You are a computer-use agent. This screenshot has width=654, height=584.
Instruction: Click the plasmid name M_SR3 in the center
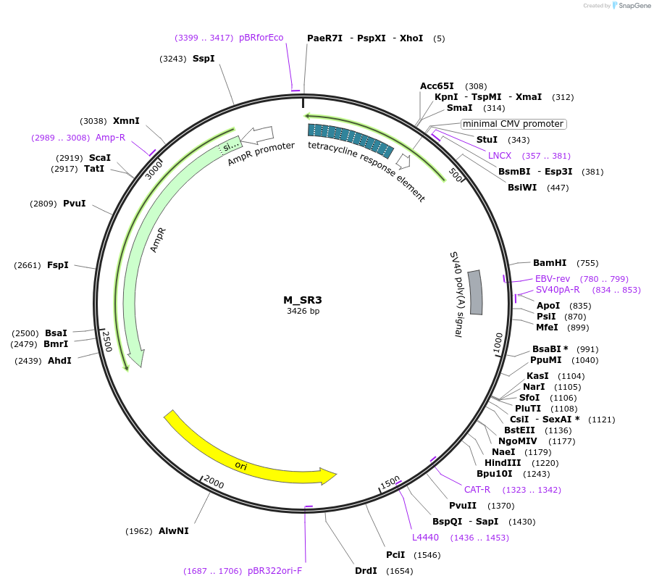[302, 299]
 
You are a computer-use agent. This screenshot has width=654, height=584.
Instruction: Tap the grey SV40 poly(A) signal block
[475, 292]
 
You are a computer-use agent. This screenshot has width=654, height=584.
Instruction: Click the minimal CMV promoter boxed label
[513, 124]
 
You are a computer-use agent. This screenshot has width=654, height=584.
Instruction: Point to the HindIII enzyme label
[503, 462]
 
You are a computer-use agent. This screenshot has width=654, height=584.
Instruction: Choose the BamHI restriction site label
[550, 263]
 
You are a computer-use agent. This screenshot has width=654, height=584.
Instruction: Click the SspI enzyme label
[204, 59]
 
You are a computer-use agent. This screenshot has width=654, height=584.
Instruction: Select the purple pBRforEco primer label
[261, 38]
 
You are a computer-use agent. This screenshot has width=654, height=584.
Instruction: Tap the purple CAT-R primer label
[477, 490]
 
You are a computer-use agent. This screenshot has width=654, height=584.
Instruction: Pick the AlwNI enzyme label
[174, 530]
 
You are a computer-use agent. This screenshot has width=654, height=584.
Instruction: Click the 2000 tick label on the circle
[214, 483]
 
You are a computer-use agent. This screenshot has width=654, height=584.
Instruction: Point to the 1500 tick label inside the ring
[390, 483]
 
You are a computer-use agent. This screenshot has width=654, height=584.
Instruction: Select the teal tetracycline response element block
[351, 140]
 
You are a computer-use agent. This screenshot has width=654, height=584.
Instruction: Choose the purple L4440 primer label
[425, 537]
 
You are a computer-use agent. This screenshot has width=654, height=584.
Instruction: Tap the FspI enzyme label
[58, 265]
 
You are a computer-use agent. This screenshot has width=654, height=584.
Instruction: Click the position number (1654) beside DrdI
[398, 571]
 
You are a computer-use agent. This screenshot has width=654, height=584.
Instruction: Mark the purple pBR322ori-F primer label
[274, 571]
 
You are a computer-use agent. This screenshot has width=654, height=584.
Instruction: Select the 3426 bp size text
[302, 312]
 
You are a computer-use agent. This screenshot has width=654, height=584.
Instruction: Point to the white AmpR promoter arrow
[258, 134]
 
